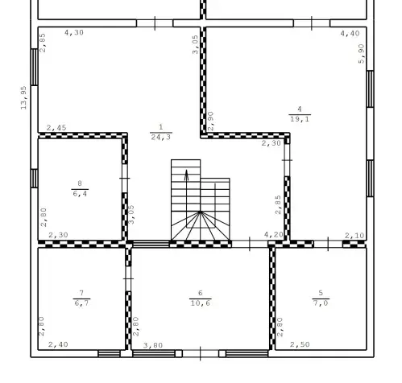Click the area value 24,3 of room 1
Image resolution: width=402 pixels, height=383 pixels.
(161, 138)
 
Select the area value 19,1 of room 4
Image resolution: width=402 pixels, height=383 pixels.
(300, 119)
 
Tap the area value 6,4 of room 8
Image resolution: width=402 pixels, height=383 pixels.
(80, 193)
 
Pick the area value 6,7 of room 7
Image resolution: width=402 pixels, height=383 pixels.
(81, 303)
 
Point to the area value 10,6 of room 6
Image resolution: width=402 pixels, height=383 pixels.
(201, 303)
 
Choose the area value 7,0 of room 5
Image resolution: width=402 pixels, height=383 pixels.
(321, 303)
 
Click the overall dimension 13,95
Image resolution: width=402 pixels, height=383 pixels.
(24, 98)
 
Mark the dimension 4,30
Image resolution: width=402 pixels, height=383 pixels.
(74, 33)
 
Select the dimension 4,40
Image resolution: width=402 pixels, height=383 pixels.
(350, 34)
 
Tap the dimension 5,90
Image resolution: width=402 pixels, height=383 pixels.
(362, 54)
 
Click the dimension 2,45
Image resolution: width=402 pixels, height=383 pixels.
(56, 128)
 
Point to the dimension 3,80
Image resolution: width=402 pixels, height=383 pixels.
(153, 345)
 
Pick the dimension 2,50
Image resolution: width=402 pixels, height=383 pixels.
(300, 344)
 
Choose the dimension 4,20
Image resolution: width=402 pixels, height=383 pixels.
(274, 235)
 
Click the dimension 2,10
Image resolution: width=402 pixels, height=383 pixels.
(354, 236)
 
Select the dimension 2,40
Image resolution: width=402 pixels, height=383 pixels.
(58, 344)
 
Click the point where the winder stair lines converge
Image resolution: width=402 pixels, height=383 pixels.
(200, 212)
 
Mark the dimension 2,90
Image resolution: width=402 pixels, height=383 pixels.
(211, 121)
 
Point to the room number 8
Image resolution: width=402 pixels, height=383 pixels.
(80, 183)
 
